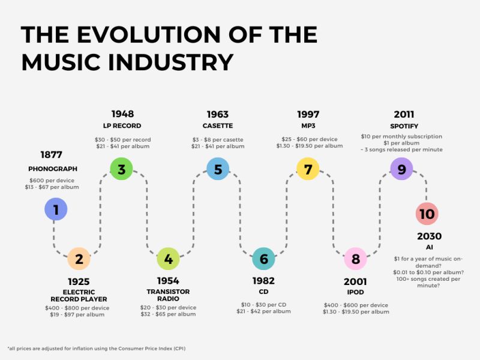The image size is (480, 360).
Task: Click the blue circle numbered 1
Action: (x=56, y=209)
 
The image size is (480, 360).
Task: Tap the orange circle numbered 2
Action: (x=79, y=259)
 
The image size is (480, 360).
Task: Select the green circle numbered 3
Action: (x=121, y=169)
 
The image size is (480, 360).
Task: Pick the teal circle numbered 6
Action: (x=263, y=259)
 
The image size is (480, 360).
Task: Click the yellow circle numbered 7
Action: (x=308, y=169)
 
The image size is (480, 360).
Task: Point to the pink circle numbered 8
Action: (x=355, y=259)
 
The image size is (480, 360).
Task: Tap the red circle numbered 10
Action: (x=427, y=214)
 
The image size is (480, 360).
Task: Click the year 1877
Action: (x=51, y=154)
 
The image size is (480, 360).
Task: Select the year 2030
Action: (x=429, y=236)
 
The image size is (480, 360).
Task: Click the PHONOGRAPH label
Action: (x=53, y=169)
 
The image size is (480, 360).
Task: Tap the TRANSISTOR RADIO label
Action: (x=168, y=295)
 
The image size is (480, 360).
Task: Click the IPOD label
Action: (x=355, y=292)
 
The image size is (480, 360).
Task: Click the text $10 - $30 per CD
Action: (x=263, y=304)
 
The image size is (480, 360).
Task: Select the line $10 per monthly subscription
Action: (x=401, y=137)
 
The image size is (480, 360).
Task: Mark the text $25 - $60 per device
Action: (x=310, y=139)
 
